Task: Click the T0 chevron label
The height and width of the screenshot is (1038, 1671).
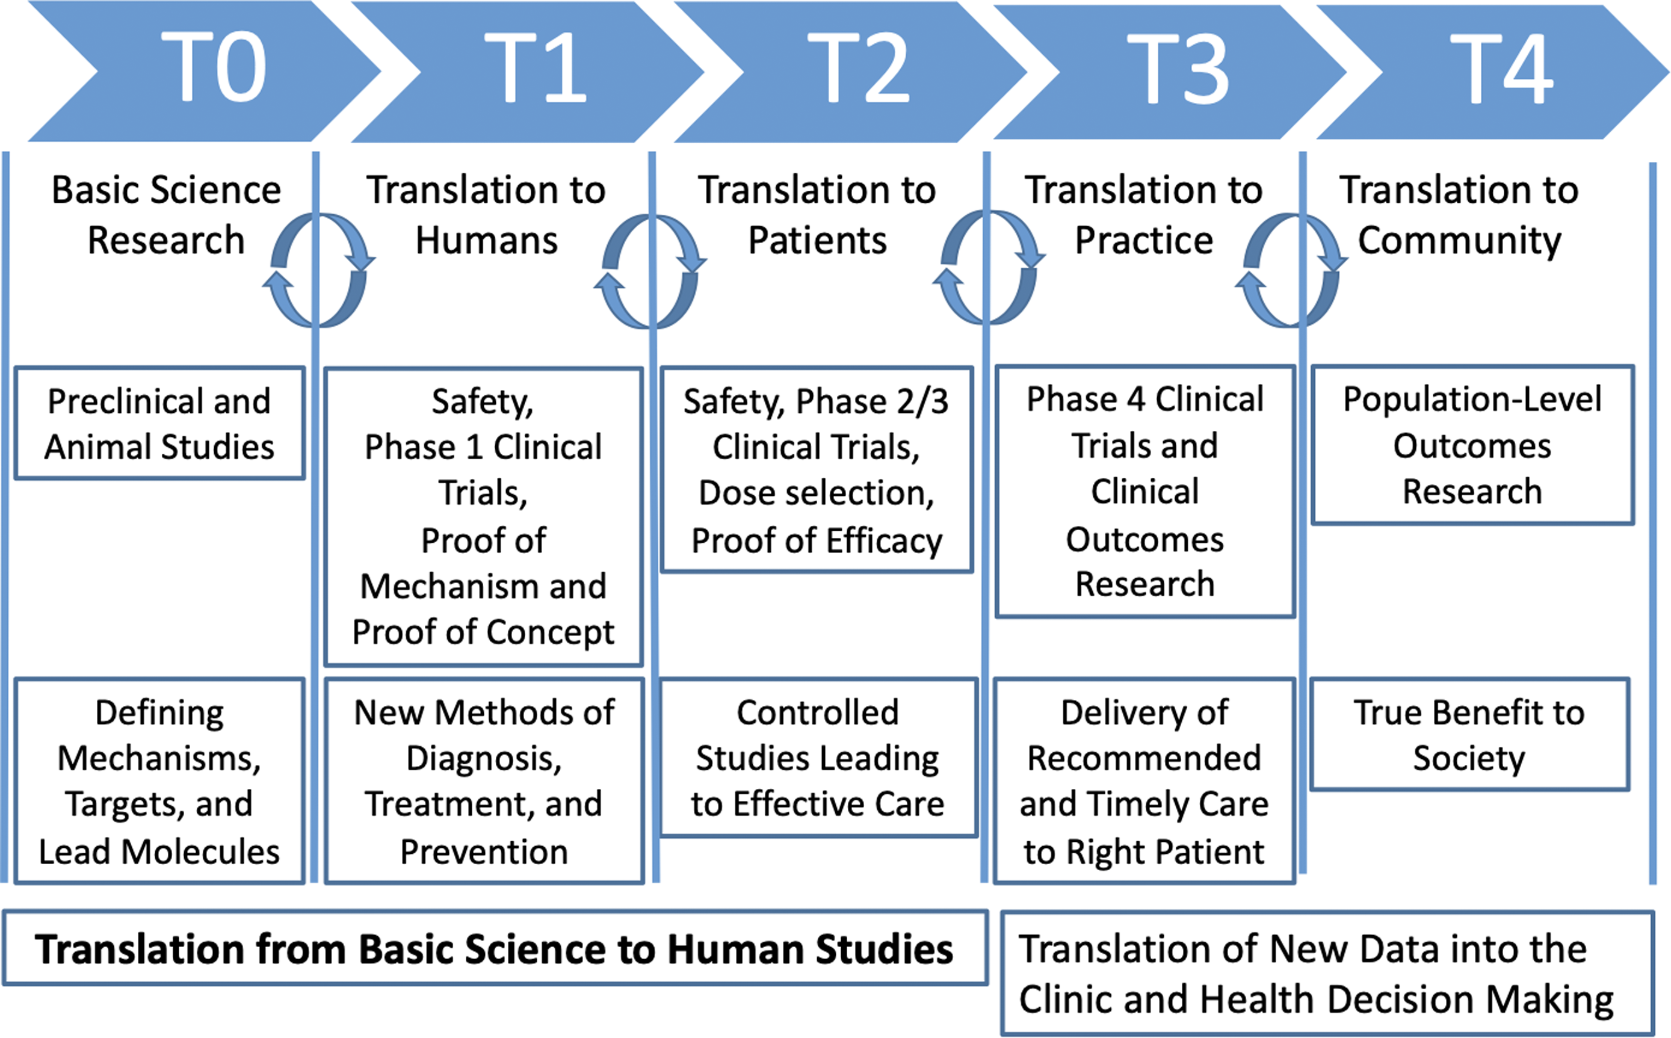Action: click(214, 67)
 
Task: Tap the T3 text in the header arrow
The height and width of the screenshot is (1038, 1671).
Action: click(1178, 69)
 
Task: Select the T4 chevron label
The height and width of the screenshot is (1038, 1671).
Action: click(1501, 69)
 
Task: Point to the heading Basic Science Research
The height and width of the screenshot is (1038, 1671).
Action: click(166, 215)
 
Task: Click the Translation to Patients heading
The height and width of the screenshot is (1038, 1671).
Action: click(817, 215)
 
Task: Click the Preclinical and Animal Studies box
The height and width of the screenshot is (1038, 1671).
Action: click(159, 423)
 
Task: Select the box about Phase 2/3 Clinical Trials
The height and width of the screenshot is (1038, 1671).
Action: click(817, 469)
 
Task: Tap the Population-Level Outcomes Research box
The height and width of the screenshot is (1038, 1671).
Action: click(1472, 445)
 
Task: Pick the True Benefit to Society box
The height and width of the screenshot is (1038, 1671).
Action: click(1470, 734)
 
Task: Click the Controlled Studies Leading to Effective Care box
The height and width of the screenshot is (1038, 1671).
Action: click(818, 757)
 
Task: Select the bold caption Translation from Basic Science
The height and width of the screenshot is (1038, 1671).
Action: click(494, 949)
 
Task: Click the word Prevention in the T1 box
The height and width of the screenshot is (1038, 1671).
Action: click(484, 852)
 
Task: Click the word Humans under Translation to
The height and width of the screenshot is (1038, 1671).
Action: click(487, 241)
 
